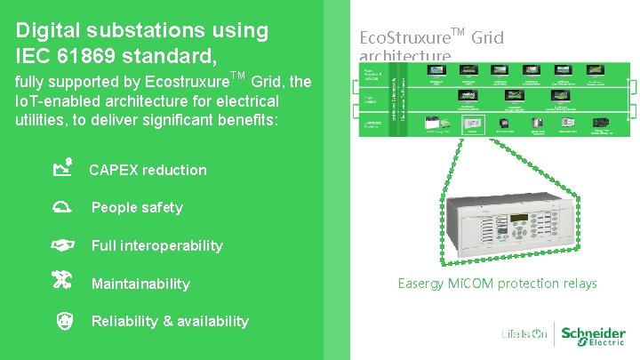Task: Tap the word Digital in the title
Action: [x=50, y=30]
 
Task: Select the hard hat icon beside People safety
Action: [x=62, y=207]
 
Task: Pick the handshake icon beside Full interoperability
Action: [x=62, y=244]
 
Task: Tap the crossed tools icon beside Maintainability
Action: [x=62, y=282]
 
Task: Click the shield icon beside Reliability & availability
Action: [x=62, y=321]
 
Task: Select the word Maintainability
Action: [x=140, y=284]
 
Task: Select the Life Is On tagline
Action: [x=524, y=335]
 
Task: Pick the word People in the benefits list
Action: [x=114, y=207]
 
